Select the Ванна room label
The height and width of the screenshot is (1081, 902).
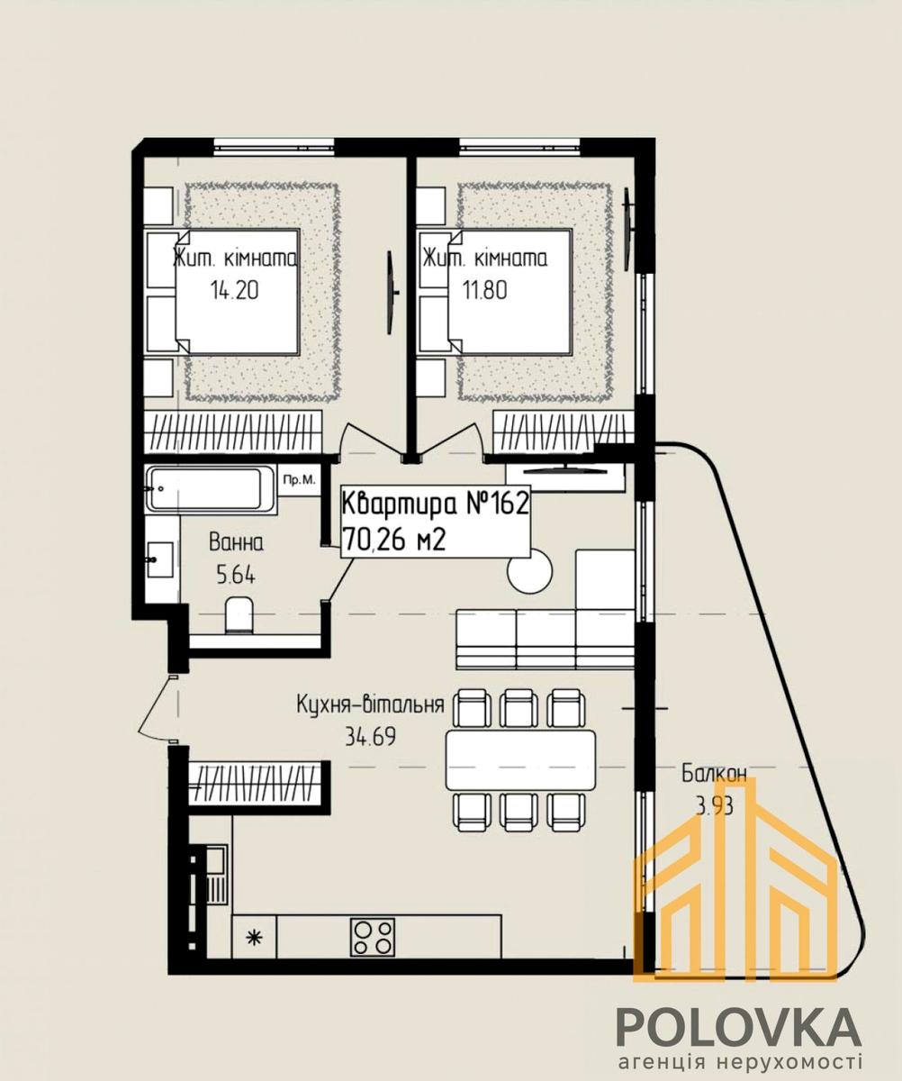coord(236,543)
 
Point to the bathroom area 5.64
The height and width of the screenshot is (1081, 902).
coord(236,576)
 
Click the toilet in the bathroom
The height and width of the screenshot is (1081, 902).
coord(239,615)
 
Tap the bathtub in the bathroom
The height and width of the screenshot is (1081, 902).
coord(212,489)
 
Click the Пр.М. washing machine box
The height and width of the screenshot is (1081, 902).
coord(299,479)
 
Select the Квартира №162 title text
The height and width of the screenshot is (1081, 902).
coord(436,504)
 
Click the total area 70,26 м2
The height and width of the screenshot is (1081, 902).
coord(393,541)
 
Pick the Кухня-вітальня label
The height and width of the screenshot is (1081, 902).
coord(371,704)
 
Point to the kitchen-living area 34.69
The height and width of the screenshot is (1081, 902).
coord(371,737)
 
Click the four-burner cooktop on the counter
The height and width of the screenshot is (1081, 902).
coord(373,937)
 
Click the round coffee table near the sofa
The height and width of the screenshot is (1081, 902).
coord(530,571)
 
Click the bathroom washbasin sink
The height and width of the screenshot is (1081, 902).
coord(159,559)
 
